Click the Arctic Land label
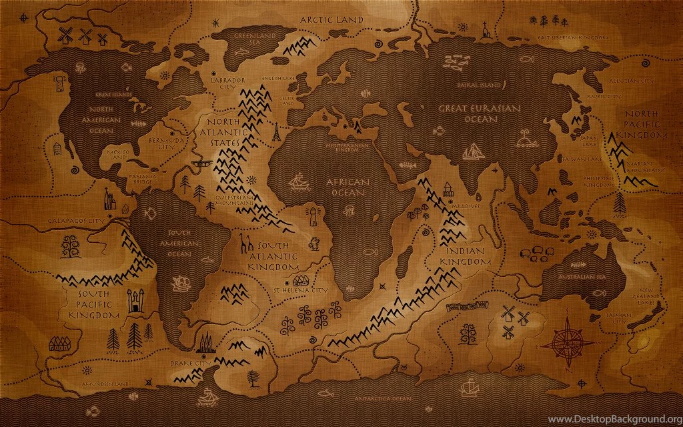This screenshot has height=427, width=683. point(331,19)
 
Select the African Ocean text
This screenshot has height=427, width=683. point(346,187)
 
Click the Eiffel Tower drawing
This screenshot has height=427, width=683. point(275,131)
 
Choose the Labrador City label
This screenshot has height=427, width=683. point(229,83)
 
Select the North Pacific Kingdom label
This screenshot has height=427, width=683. point(646,124)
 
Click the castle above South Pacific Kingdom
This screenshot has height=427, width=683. point(136,300)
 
